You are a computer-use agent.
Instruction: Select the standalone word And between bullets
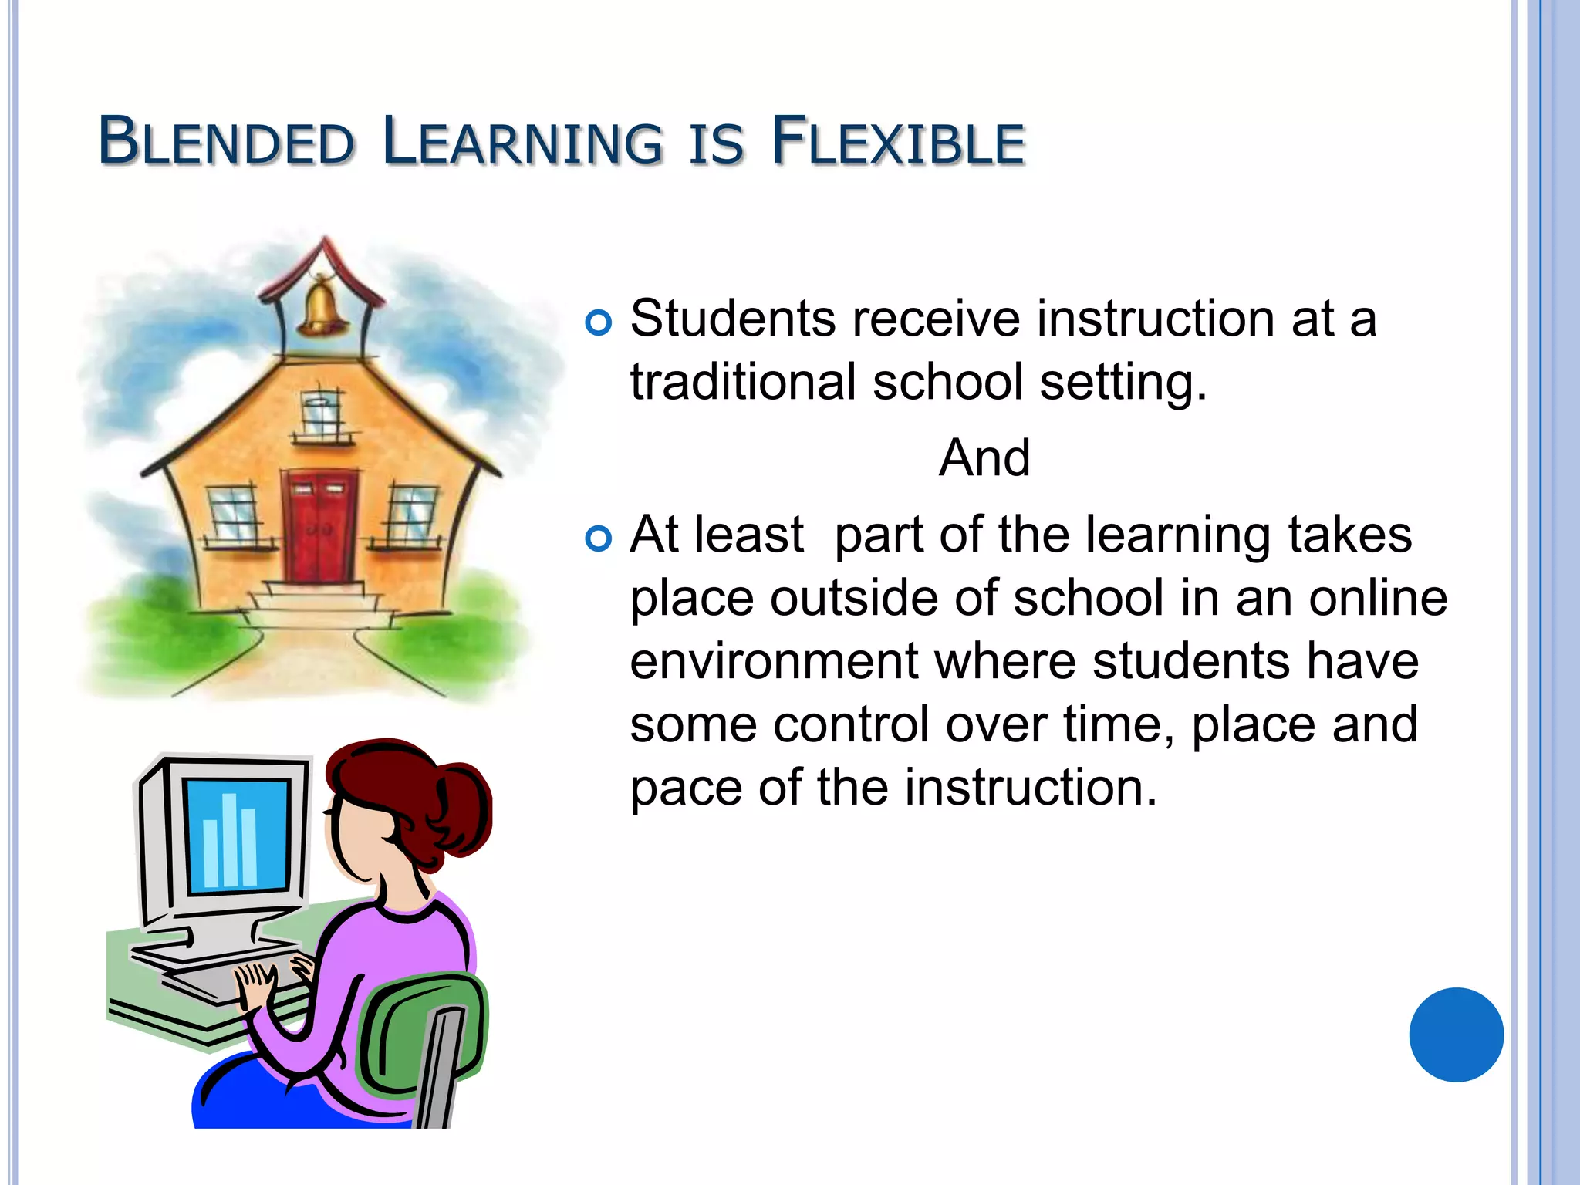(x=984, y=457)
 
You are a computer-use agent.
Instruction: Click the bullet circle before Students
(x=599, y=322)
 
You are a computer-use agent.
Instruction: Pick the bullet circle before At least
(x=599, y=538)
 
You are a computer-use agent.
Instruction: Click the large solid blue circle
(x=1456, y=1035)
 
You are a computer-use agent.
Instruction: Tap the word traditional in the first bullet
(x=743, y=383)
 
